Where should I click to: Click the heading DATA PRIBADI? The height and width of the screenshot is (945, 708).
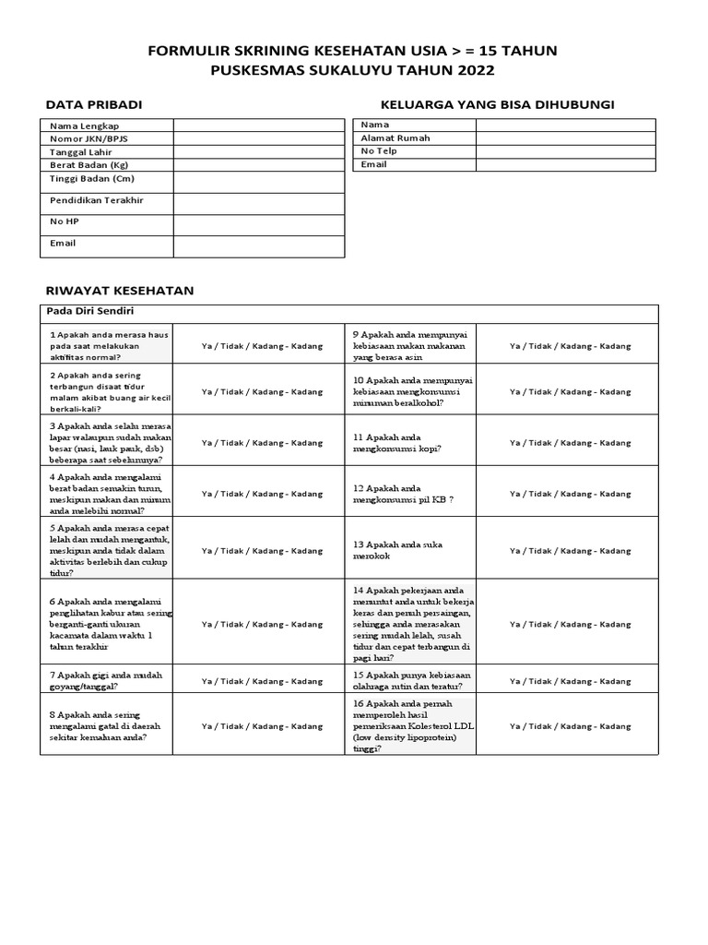94,105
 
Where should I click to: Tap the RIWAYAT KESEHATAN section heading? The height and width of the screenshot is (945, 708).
120,290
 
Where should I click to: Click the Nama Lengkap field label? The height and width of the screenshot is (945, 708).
84,126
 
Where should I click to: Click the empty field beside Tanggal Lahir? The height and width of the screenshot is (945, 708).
259,151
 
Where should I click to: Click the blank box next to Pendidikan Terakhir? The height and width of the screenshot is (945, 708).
259,203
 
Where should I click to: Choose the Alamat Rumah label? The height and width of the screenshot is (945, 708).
395,138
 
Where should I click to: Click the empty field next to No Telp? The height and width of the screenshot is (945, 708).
565,151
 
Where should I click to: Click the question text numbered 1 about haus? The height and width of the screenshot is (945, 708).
105,345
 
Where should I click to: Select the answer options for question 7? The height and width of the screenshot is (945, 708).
263,681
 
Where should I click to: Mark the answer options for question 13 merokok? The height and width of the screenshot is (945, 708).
571,550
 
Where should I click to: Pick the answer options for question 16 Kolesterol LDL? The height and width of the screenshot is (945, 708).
571,726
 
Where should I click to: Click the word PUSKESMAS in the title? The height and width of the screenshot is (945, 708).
260,70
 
